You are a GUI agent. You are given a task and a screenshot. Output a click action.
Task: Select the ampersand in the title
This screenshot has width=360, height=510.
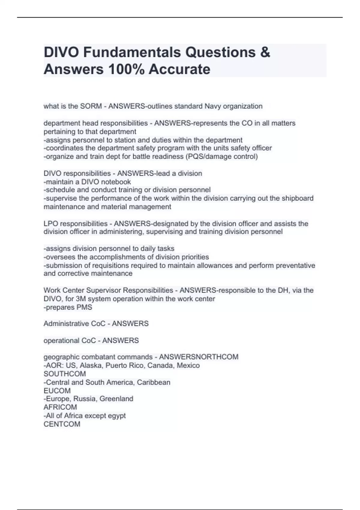[x=265, y=52]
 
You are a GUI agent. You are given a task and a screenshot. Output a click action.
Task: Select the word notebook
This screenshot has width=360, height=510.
[x=116, y=182]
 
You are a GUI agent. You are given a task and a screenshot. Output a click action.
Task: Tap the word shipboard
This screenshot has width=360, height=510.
[x=297, y=198]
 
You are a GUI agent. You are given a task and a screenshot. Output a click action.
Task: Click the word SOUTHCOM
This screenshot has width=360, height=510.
[x=65, y=374]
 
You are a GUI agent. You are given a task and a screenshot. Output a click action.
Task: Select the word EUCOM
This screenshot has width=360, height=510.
[x=57, y=391]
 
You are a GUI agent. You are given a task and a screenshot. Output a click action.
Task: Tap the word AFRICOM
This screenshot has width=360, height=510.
[x=60, y=407]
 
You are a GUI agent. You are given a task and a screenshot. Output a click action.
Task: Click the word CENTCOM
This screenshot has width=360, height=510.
[x=62, y=424]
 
